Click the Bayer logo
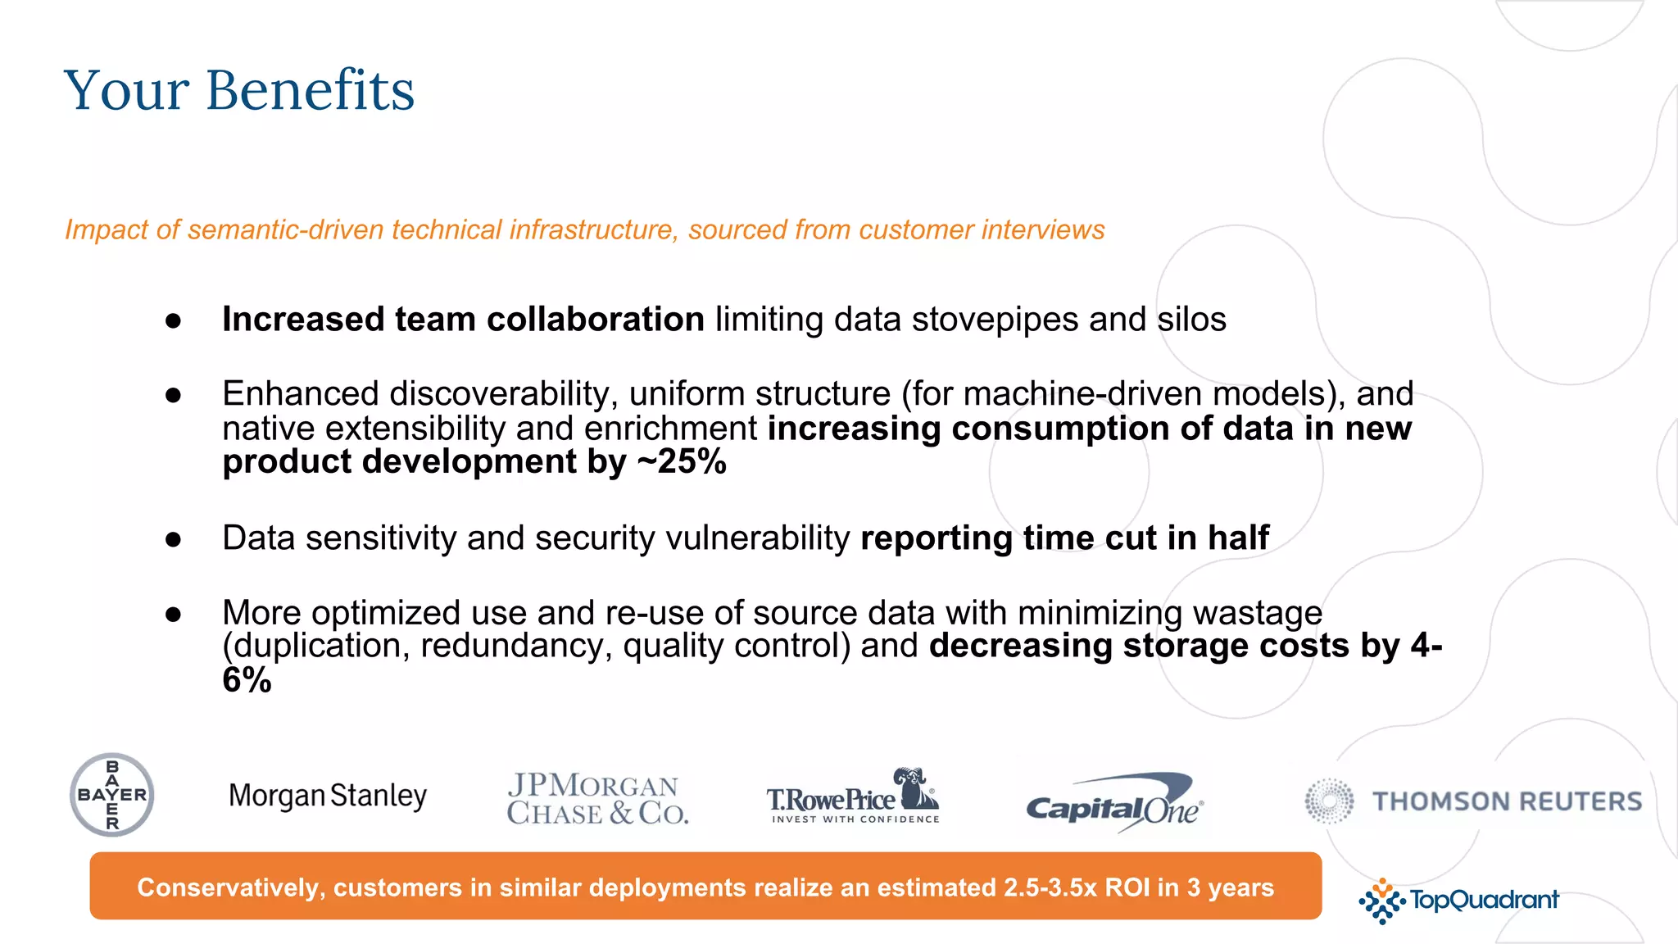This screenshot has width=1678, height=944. coord(112,795)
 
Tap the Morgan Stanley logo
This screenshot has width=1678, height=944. coord(328,796)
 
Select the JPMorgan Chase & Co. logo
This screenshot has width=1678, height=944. coord(597,799)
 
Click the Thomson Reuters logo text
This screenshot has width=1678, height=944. coord(1507,801)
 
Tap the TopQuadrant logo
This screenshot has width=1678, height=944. coord(1458,901)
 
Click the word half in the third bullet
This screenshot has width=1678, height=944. coord(1238,538)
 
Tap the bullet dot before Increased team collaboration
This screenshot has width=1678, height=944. coord(173,321)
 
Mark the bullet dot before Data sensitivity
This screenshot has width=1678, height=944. coord(173,540)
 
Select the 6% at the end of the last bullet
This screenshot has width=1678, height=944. coord(247,680)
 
